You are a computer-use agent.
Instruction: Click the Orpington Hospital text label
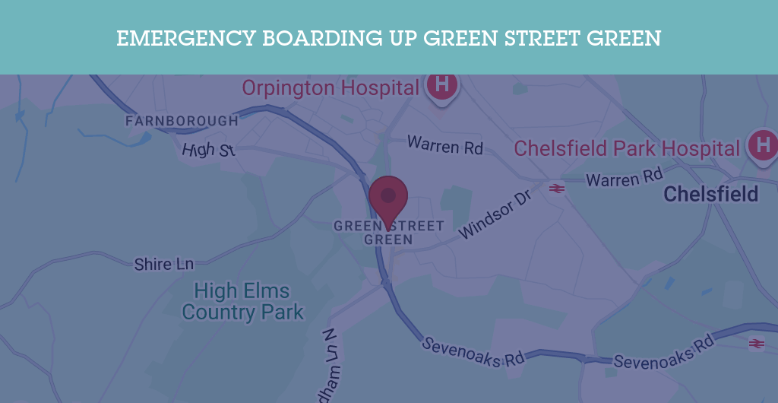[330, 87]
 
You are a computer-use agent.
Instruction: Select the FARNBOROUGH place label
[182, 121]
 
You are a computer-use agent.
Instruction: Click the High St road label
[208, 150]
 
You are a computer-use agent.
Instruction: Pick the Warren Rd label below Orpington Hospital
[445, 144]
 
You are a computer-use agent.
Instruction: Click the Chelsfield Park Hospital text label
[627, 148]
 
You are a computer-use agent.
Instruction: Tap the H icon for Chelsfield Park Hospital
[764, 143]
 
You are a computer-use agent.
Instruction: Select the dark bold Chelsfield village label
[711, 194]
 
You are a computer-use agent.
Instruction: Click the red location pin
[388, 196]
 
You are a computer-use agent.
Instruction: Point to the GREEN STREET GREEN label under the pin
[388, 233]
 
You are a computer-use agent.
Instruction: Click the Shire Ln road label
[164, 265]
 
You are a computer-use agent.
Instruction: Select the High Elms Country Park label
[242, 301]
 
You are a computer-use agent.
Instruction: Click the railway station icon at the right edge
[756, 344]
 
